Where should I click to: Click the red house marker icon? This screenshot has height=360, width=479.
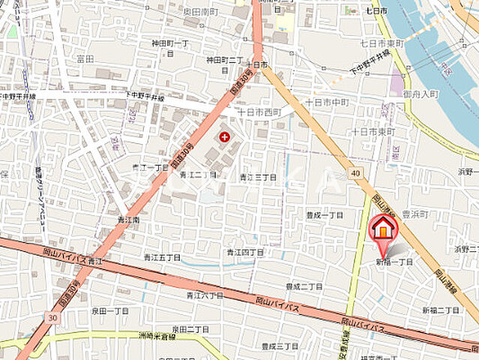pos(382,227)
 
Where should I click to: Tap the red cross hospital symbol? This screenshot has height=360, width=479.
pos(224,136)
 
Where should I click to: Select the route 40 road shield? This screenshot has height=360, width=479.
pos(355,174)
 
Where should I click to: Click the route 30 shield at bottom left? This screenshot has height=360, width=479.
pos(50,318)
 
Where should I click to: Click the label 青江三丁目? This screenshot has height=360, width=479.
pos(259,177)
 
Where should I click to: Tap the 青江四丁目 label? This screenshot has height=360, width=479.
pos(246,253)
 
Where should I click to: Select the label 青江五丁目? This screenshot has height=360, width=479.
pos(162,257)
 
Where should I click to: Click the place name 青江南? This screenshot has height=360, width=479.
pos(129,220)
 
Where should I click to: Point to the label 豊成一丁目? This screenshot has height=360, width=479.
pos(324,215)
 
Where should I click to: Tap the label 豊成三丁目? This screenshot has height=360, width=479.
pos(280,346)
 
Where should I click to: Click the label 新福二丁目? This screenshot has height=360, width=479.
pos(440,310)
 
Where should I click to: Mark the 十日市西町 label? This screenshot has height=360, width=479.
pos(259,112)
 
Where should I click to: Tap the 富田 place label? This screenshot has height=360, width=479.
pos(85,58)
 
